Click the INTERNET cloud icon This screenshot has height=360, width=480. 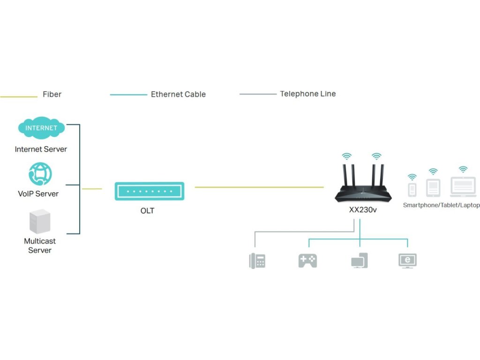pyautogui.click(x=41, y=128)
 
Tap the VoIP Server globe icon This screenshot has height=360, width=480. pyautogui.click(x=40, y=174)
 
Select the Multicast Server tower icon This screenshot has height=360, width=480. pyautogui.click(x=39, y=222)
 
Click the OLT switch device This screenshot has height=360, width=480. pyautogui.click(x=150, y=191)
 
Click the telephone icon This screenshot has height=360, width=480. pyautogui.click(x=257, y=261)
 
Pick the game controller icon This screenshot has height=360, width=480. pyautogui.click(x=307, y=261)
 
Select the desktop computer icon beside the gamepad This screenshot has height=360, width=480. pyautogui.click(x=360, y=261)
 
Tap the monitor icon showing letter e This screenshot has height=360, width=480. pyautogui.click(x=407, y=261)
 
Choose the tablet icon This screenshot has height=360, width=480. pyautogui.click(x=433, y=188)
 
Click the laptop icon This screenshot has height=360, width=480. pyautogui.click(x=463, y=187)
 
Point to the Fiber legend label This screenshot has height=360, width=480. pyautogui.click(x=52, y=94)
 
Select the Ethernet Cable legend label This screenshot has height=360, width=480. pyautogui.click(x=178, y=94)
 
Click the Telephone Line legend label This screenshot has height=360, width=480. pyautogui.click(x=308, y=94)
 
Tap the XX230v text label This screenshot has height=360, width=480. pyautogui.click(x=363, y=210)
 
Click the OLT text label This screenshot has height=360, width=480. pyautogui.click(x=147, y=211)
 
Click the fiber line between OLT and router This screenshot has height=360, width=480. pyautogui.click(x=259, y=187)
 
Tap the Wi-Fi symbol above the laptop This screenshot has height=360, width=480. pyautogui.click(x=463, y=169)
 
